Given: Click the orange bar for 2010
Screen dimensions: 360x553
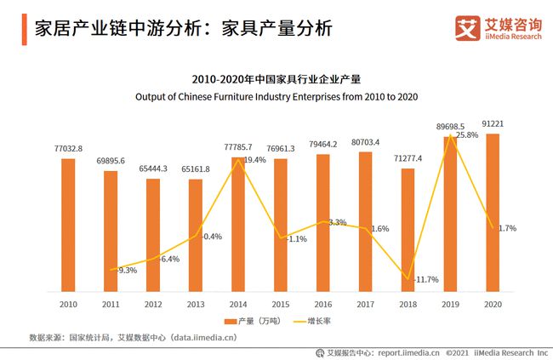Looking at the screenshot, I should tap(68, 225).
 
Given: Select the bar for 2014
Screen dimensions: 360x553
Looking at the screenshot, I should tap(238, 225).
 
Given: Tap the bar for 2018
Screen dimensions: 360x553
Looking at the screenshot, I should tap(408, 230).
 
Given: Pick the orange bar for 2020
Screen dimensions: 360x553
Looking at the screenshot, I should tap(493, 213).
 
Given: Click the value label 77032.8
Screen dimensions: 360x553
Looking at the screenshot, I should tap(68, 148).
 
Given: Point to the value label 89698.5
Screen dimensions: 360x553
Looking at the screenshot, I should tap(450, 125).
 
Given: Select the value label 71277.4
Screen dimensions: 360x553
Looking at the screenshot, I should tap(408, 158).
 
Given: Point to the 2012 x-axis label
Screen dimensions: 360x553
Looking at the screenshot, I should tap(153, 303).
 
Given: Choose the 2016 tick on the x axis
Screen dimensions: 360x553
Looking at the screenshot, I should tap(323, 303).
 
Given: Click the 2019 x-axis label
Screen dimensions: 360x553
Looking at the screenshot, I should tap(450, 303).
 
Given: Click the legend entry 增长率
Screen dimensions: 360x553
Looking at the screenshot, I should tap(316, 322).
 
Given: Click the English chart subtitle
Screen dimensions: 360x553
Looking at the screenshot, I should tap(276, 97).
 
